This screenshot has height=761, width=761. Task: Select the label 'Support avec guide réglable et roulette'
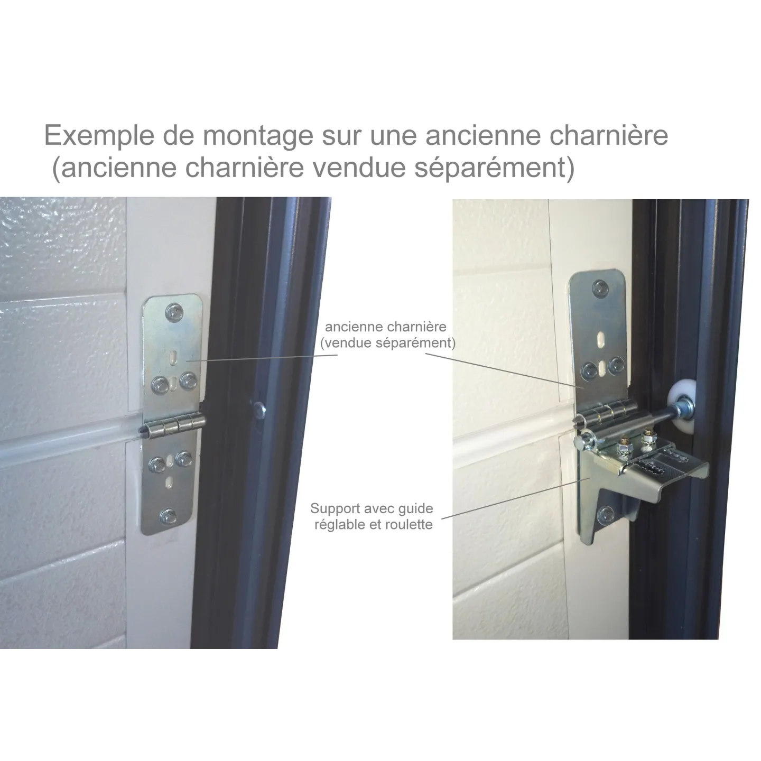pyautogui.click(x=372, y=516)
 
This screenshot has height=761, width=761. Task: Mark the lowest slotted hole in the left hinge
pyautogui.click(x=169, y=481)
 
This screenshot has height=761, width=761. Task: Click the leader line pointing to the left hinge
pyautogui.click(x=262, y=358)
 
